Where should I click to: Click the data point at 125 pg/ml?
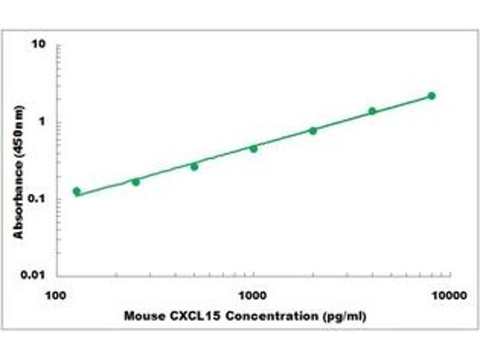[76, 191]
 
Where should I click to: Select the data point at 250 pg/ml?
[136, 181]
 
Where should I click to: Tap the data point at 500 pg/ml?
[194, 166]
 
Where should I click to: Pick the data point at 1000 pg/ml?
[253, 148]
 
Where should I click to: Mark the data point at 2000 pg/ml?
[313, 130]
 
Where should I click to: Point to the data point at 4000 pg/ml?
[372, 111]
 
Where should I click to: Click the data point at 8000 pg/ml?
[431, 96]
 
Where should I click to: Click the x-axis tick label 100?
[57, 295]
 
